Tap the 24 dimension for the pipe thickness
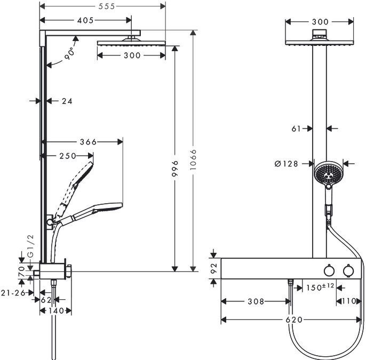[x=67, y=100]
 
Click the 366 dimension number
[x=87, y=142]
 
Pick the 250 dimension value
[x=68, y=156]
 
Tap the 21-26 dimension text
[x=12, y=292]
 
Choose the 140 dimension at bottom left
[x=56, y=310]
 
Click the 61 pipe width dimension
[x=298, y=128]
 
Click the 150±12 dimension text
[x=320, y=287]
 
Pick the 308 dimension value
[x=256, y=301]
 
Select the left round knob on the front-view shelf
[x=329, y=272]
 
